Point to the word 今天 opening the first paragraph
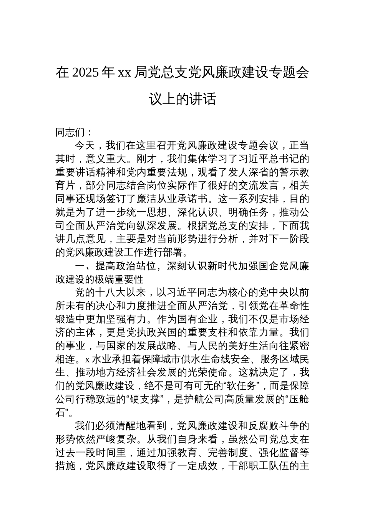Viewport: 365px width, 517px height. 85,146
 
